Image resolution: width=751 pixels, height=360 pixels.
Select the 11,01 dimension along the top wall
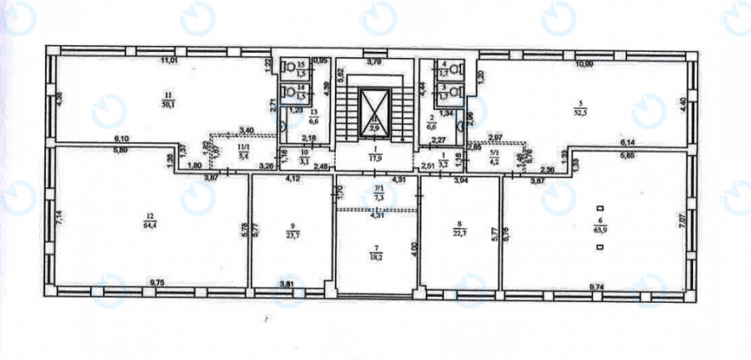point(167,61)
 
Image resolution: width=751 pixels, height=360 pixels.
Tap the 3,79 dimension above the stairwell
point(374,62)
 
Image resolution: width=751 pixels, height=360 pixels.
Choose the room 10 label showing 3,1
point(304,157)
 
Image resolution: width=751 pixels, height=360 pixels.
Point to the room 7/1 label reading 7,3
point(376,194)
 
